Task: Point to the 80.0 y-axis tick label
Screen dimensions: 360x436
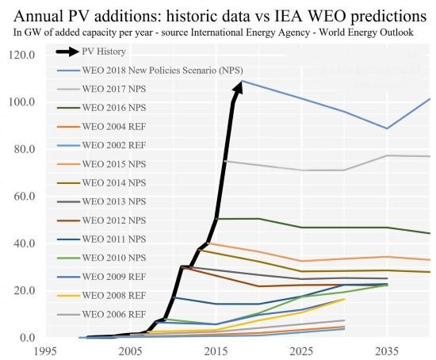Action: [22, 149]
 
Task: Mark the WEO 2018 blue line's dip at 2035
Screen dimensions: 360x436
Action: [387, 128]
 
